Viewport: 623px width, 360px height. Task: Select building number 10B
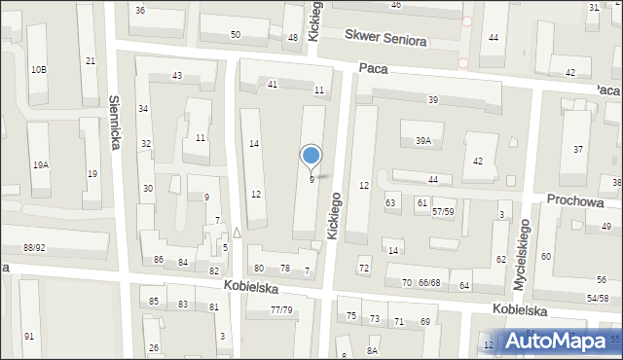(38, 69)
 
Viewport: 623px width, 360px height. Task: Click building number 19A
(41, 165)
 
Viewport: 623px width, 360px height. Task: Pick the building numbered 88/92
(34, 248)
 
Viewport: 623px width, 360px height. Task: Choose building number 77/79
(281, 309)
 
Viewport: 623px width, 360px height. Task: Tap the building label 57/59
(444, 211)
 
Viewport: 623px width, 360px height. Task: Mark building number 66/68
(429, 283)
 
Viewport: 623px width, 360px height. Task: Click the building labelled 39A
(422, 141)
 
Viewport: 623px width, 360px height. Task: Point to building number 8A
(372, 350)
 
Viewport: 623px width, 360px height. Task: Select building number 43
(177, 76)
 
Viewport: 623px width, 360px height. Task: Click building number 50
(236, 35)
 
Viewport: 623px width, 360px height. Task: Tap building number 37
(578, 149)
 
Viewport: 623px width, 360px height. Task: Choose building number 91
(29, 336)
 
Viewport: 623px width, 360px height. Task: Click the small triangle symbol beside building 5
(237, 232)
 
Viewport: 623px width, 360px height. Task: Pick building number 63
(391, 203)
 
